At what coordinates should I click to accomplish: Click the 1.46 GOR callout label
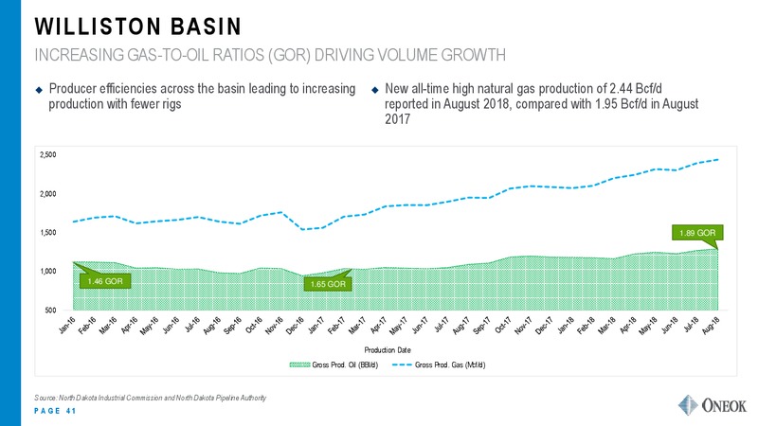pyautogui.click(x=105, y=281)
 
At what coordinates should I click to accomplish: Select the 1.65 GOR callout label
pyautogui.click(x=328, y=284)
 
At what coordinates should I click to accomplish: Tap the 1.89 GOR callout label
pyautogui.click(x=697, y=233)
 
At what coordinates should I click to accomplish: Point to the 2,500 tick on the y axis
pyautogui.click(x=48, y=155)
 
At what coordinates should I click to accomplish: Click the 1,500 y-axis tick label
pyautogui.click(x=48, y=232)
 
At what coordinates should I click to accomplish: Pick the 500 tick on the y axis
pyautogui.click(x=51, y=311)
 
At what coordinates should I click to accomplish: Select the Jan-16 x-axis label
pyautogui.click(x=67, y=326)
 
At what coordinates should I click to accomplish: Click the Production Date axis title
pyautogui.click(x=388, y=349)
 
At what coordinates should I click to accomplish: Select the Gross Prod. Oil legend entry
pyautogui.click(x=334, y=364)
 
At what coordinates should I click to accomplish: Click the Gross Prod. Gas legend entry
pyautogui.click(x=439, y=364)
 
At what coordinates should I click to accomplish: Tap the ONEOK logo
pyautogui.click(x=713, y=405)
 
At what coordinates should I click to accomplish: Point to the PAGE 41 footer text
pyautogui.click(x=55, y=411)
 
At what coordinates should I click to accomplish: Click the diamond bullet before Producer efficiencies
pyautogui.click(x=39, y=90)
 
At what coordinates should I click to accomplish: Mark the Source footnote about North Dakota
pyautogui.click(x=151, y=398)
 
